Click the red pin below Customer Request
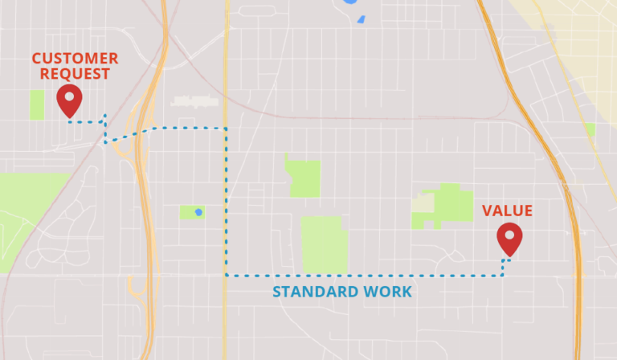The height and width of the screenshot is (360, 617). [70, 101]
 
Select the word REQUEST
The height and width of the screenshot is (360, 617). [71, 75]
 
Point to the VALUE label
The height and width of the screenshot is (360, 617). [507, 211]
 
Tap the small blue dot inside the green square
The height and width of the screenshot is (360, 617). [198, 212]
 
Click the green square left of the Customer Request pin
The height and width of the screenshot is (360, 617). [37, 104]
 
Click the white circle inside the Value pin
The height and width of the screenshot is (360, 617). [509, 235]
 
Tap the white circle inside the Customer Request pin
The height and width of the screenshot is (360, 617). [70, 96]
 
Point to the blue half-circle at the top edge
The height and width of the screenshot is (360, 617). [350, 2]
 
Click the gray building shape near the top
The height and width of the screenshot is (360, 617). [195, 101]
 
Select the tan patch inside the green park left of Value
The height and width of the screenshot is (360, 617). [423, 203]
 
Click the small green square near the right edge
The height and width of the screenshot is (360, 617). [590, 129]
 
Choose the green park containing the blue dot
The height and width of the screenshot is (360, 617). [191, 212]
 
